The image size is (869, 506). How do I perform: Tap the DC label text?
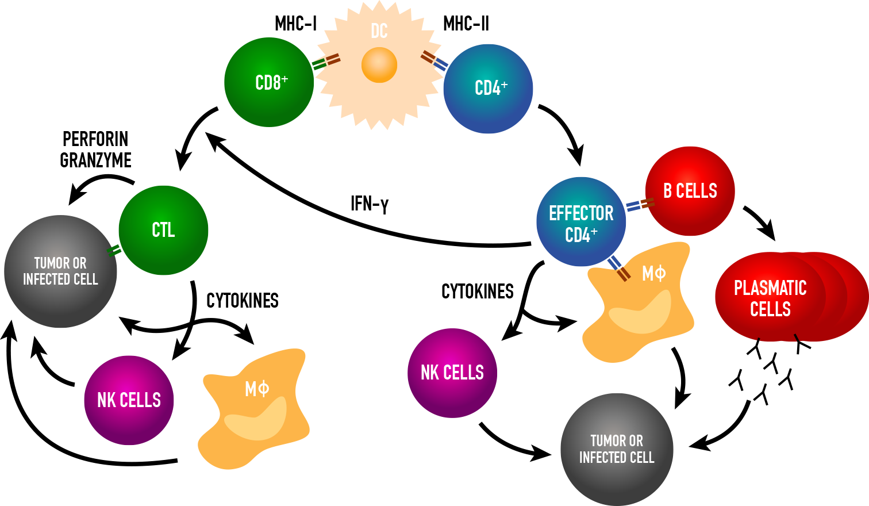pyautogui.click(x=379, y=31)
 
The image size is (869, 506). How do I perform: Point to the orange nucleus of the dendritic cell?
pyautogui.click(x=379, y=65)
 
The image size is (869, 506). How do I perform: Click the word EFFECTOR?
pyautogui.click(x=581, y=213)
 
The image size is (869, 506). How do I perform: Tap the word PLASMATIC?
pyautogui.click(x=770, y=288)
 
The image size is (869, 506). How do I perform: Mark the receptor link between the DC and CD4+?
pyautogui.click(x=434, y=60)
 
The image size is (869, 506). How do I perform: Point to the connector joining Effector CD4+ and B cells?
pyautogui.click(x=640, y=205)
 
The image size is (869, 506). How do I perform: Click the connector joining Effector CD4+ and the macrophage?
pyautogui.click(x=618, y=269)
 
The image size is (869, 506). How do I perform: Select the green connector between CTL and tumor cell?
pyautogui.click(x=114, y=250)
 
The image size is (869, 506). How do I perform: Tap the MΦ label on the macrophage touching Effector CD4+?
pyautogui.click(x=653, y=273)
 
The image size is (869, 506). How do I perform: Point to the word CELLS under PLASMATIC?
pyautogui.click(x=770, y=309)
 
